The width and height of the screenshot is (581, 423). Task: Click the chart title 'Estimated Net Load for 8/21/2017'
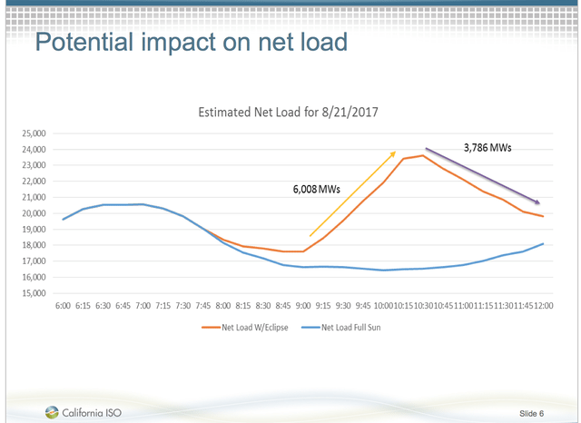pos(289,113)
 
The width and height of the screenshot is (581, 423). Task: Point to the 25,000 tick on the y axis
pos(34,133)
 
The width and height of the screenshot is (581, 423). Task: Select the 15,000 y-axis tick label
pos(34,293)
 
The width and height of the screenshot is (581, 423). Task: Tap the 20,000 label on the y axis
pos(34,213)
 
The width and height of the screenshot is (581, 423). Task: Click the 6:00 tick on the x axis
pos(63,306)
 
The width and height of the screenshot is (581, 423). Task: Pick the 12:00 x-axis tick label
pos(542,306)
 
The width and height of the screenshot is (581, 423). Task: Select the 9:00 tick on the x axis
pos(302,306)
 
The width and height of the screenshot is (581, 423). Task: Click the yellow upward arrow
pos(352,194)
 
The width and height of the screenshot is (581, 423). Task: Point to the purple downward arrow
pos(484,176)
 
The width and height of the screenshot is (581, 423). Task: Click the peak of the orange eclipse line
pos(422,155)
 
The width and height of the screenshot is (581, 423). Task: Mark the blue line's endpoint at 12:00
pos(542,243)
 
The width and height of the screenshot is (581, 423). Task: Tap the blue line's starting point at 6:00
pos(63,219)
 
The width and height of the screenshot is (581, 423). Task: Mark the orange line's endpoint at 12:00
pos(542,216)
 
